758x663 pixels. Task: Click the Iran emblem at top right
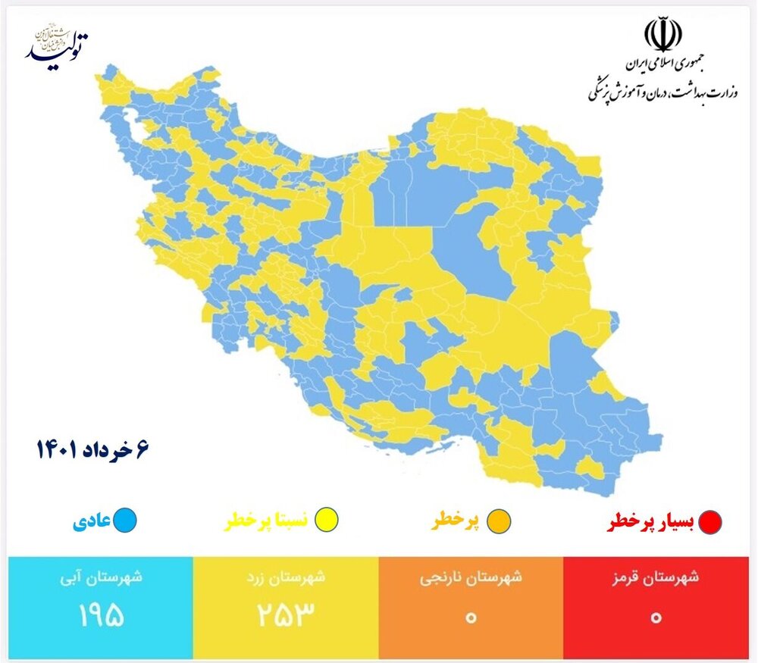(663, 35)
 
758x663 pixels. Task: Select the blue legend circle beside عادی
(125, 521)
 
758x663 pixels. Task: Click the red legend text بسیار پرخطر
(652, 522)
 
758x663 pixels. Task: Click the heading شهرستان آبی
(101, 578)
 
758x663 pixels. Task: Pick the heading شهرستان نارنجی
(471, 578)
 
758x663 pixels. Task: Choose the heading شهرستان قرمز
(656, 578)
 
